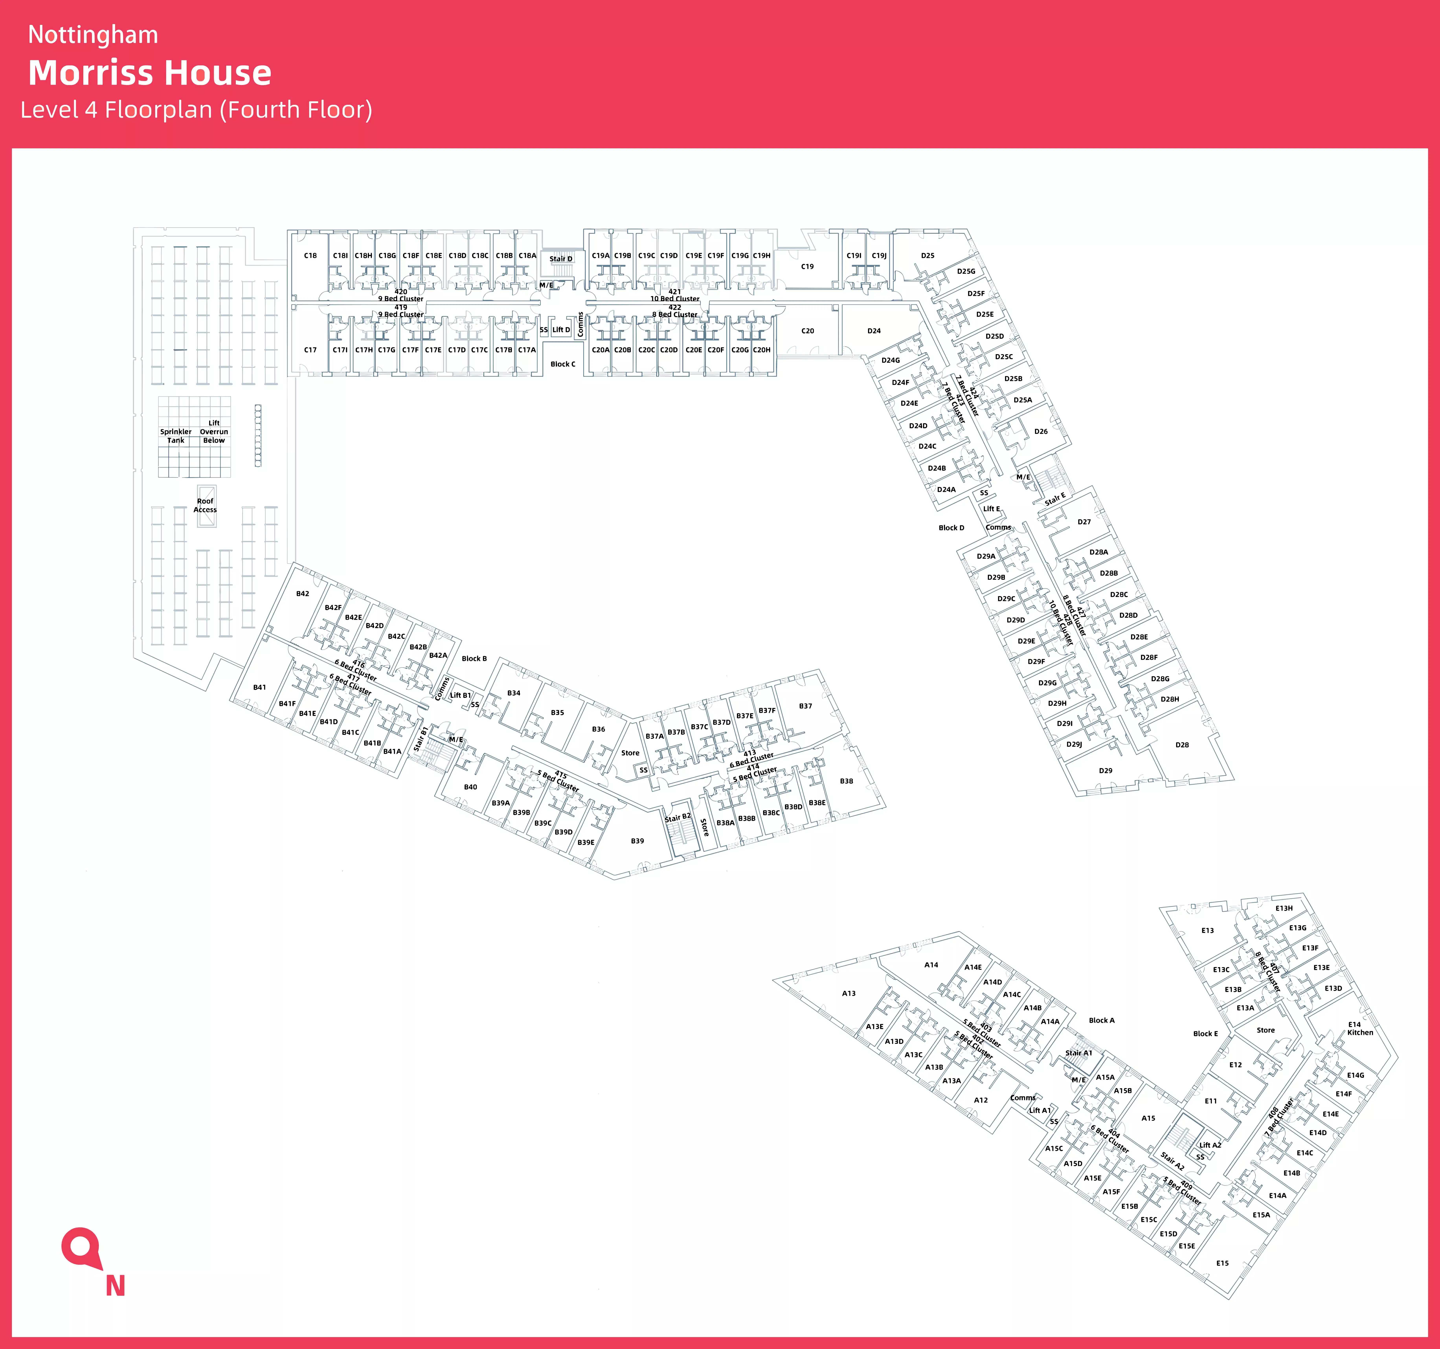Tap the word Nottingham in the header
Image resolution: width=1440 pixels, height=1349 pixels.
pos(93,35)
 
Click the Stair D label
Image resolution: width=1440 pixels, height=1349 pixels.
pos(561,259)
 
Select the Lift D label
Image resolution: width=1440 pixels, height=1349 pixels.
pos(561,330)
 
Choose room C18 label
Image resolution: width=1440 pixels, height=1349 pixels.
pos(310,256)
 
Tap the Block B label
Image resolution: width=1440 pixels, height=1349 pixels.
pos(474,659)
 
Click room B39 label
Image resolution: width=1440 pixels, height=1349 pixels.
pos(637,841)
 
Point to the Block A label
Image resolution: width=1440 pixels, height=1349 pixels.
pos(1102,1020)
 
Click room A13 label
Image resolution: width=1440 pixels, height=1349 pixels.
pos(849,993)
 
